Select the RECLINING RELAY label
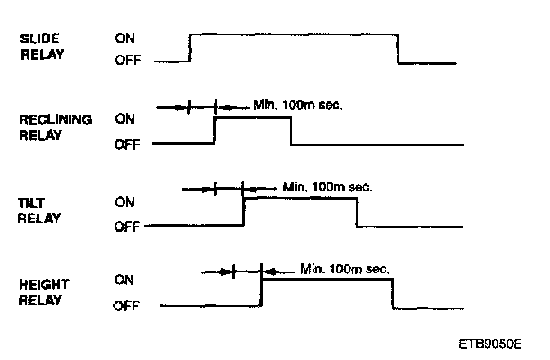point(55,127)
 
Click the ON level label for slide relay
point(125,38)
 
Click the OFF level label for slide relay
point(127,61)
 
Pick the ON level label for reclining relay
point(125,119)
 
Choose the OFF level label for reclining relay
point(127,144)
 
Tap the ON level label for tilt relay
point(125,200)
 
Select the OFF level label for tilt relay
point(127,226)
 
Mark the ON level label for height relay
point(125,280)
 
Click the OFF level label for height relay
point(127,307)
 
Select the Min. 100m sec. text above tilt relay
point(327,187)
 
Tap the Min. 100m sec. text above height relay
point(345,268)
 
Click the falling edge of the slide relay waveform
point(398,48)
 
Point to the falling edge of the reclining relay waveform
point(291,131)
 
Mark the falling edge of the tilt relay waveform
point(357,212)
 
